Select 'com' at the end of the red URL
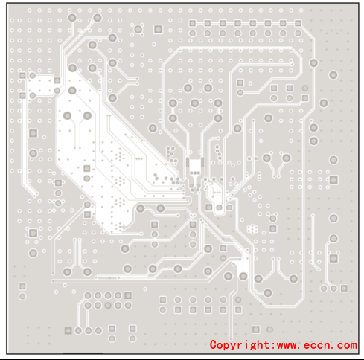[347, 346]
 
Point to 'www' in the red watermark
[288, 346]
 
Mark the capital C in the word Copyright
[213, 344]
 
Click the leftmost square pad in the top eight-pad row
[193, 23]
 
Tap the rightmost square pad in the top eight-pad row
[298, 23]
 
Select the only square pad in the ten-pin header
[128, 295]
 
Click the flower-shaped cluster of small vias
[252, 229]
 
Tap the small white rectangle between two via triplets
[195, 164]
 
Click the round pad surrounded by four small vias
[138, 29]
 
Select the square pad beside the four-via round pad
[158, 29]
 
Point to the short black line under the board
[83, 353]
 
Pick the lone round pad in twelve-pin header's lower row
[163, 310]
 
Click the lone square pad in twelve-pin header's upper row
[163, 300]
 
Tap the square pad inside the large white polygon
[86, 168]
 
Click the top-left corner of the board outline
[7, 3]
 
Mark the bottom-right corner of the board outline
[359, 353]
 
